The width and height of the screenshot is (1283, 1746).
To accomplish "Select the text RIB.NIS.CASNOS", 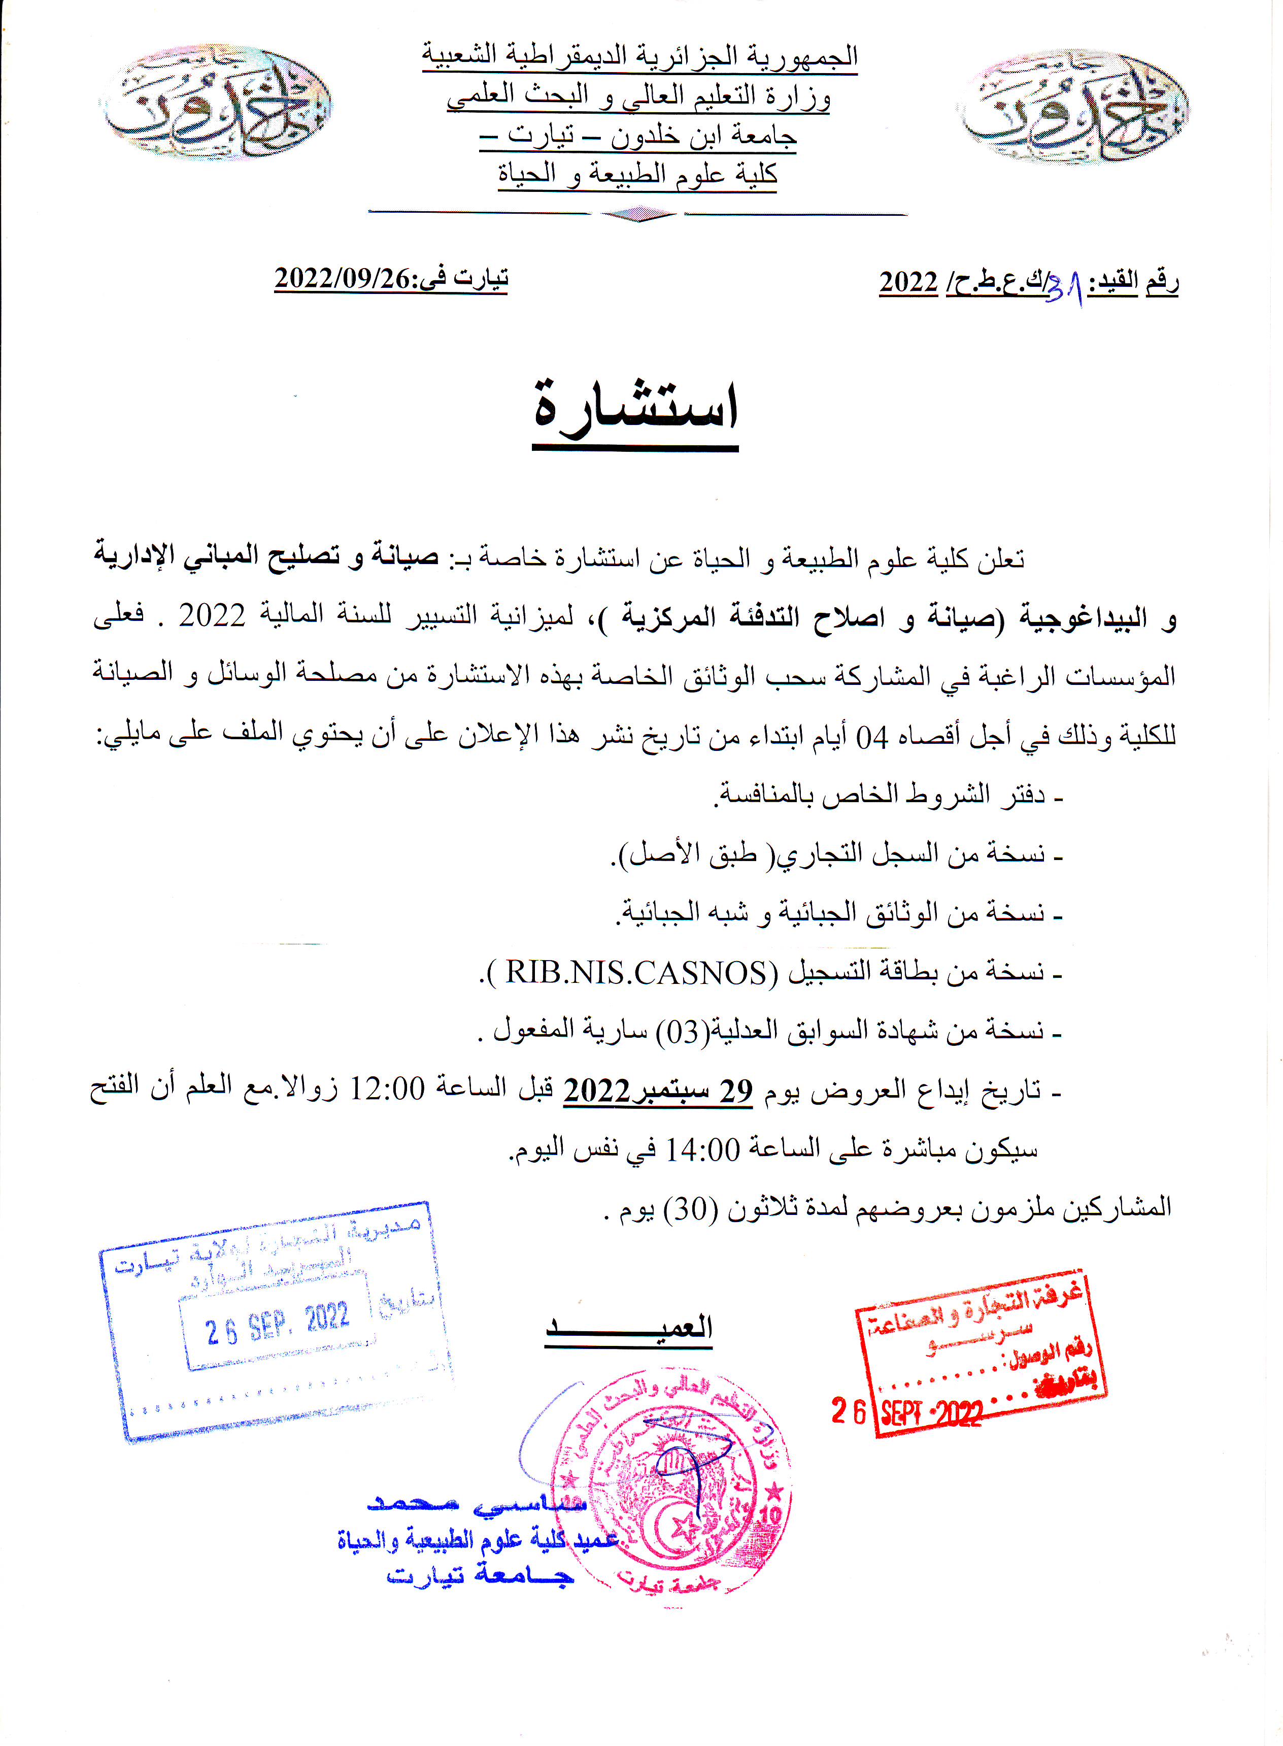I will point(636,972).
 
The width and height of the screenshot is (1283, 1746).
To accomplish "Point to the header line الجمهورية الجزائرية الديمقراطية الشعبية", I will point(640,56).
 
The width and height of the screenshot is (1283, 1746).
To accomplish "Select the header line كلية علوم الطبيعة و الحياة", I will point(637,174).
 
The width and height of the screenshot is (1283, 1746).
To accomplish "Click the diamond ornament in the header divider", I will point(638,214).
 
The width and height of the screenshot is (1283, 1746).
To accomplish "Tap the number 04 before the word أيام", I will point(871,736).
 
